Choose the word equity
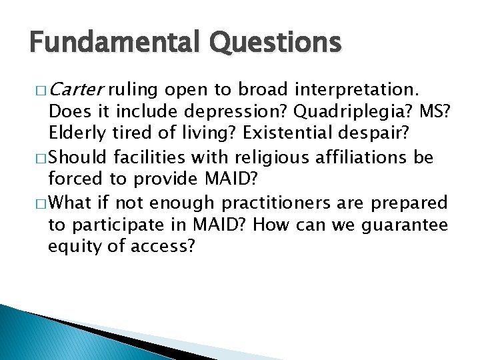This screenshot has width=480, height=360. click(x=72, y=246)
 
